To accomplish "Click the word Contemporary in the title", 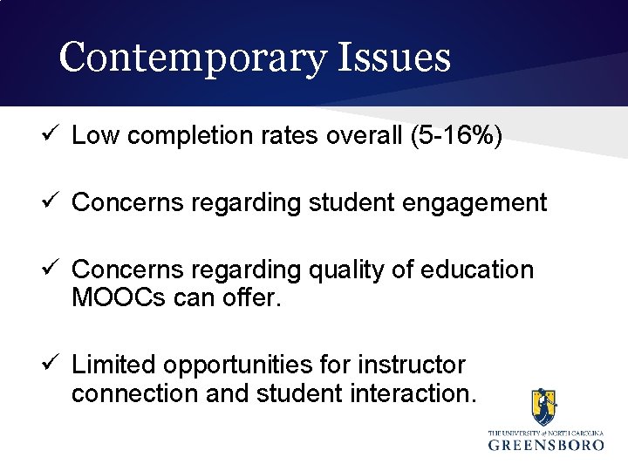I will pyautogui.click(x=192, y=58).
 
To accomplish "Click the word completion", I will pyautogui.click(x=183, y=136).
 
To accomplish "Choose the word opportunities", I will pyautogui.click(x=251, y=365).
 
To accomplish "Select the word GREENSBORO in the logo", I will pyautogui.click(x=546, y=444).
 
